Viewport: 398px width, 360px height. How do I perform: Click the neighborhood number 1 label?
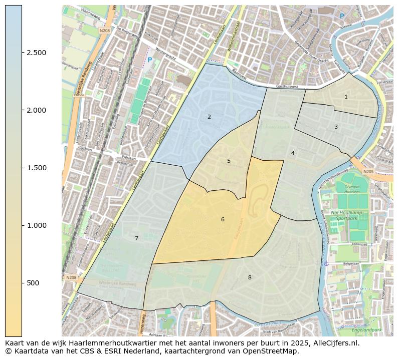[346, 97]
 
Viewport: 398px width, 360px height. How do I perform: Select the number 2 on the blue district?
[209, 117]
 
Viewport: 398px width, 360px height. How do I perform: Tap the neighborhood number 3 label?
[336, 127]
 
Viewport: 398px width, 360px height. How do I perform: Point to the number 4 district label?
[293, 153]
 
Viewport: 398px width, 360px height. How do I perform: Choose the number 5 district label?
[229, 161]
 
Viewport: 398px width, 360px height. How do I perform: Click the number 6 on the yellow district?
[223, 219]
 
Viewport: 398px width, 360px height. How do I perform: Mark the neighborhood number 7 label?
[136, 238]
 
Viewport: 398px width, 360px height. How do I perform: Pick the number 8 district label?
[250, 277]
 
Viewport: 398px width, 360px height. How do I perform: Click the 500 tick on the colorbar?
[33, 283]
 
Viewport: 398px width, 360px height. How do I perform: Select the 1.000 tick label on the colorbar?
[36, 225]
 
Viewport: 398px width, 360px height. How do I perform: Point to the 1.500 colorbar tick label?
[36, 168]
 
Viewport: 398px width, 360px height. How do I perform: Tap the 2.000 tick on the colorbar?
[36, 110]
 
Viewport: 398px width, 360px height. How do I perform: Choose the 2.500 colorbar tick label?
[36, 53]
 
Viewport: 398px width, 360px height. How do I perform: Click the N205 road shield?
[368, 172]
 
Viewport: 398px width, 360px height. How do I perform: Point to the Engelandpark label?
[366, 330]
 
